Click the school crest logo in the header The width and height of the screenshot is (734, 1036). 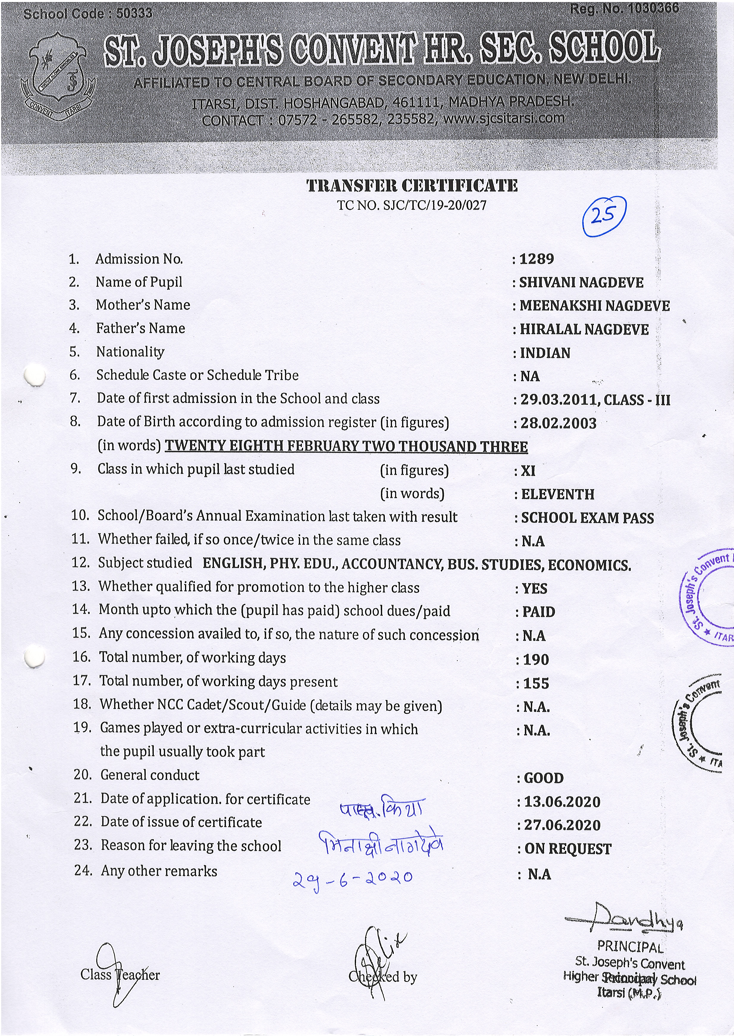tap(58, 77)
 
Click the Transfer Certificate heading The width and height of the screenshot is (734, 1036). tap(412, 186)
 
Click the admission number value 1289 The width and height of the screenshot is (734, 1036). tap(537, 259)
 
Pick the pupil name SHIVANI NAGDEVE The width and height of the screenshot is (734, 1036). tap(581, 282)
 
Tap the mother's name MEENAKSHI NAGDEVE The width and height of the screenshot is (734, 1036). tap(594, 306)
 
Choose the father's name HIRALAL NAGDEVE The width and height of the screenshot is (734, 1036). tap(584, 329)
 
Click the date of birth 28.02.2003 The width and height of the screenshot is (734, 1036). tap(558, 423)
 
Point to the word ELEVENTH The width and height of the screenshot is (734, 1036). tap(558, 494)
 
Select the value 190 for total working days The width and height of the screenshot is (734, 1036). tap(536, 660)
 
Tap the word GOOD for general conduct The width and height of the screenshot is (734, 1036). tap(544, 778)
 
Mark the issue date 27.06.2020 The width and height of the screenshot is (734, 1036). tap(562, 825)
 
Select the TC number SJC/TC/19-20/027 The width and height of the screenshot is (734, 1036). tap(434, 205)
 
